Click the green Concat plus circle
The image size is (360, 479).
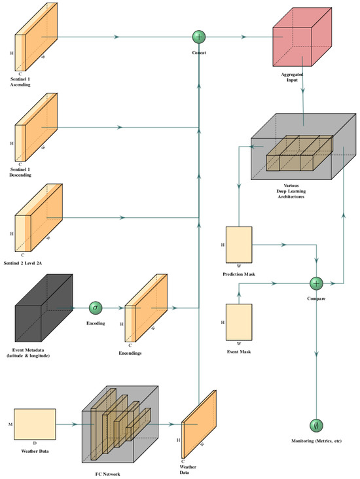[199, 37]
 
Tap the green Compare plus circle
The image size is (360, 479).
[316, 283]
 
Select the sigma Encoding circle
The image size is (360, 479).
[96, 307]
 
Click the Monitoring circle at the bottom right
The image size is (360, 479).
[316, 423]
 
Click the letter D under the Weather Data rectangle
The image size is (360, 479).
[34, 443]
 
